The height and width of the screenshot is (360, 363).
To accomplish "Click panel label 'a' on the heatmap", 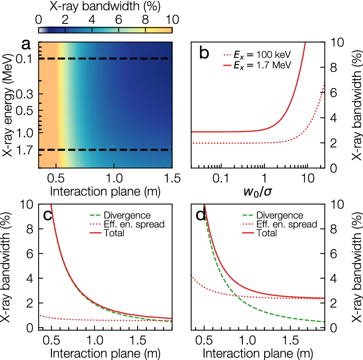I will [x=26, y=45].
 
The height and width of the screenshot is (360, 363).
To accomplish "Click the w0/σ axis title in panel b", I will [x=258, y=191].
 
